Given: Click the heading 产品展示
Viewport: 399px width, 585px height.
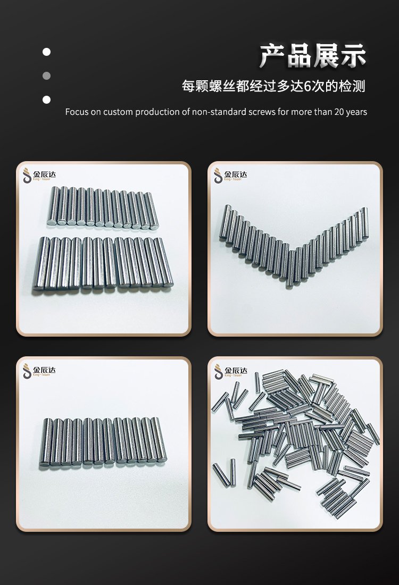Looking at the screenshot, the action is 313,56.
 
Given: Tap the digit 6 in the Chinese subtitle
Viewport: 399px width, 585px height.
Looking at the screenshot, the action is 308,86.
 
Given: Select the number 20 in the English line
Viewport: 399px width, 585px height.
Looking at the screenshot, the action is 339,112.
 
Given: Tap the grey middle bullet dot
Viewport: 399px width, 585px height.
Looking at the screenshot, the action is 46,76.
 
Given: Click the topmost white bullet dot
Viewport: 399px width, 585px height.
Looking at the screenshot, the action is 46,52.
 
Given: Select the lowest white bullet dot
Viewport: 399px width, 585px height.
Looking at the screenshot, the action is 46,99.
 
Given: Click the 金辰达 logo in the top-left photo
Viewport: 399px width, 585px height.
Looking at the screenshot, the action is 39,175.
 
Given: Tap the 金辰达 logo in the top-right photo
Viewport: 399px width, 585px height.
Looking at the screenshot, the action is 230,175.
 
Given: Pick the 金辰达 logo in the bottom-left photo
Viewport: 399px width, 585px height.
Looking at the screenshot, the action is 39,371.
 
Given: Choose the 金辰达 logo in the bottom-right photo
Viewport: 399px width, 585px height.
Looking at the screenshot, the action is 230,371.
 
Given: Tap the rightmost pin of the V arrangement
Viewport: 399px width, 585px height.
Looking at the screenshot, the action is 365,223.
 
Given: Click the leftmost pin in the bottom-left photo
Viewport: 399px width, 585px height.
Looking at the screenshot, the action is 46,442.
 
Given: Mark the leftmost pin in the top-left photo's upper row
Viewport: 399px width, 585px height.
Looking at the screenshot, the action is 53,206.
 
